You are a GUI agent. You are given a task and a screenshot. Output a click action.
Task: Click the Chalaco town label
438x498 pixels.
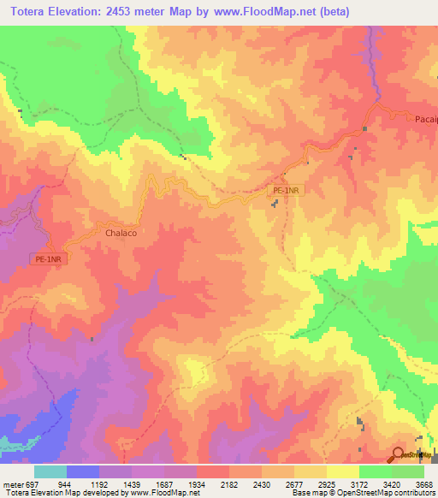[x=121, y=232]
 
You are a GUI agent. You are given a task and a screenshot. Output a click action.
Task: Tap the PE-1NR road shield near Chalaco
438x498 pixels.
[x=50, y=258]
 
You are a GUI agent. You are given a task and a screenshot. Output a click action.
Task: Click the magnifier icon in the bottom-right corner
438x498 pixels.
[x=399, y=454]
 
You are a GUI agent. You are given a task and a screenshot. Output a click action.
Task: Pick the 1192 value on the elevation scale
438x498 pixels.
[x=115, y=484]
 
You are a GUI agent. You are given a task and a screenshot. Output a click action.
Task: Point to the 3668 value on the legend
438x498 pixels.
[x=424, y=484]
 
